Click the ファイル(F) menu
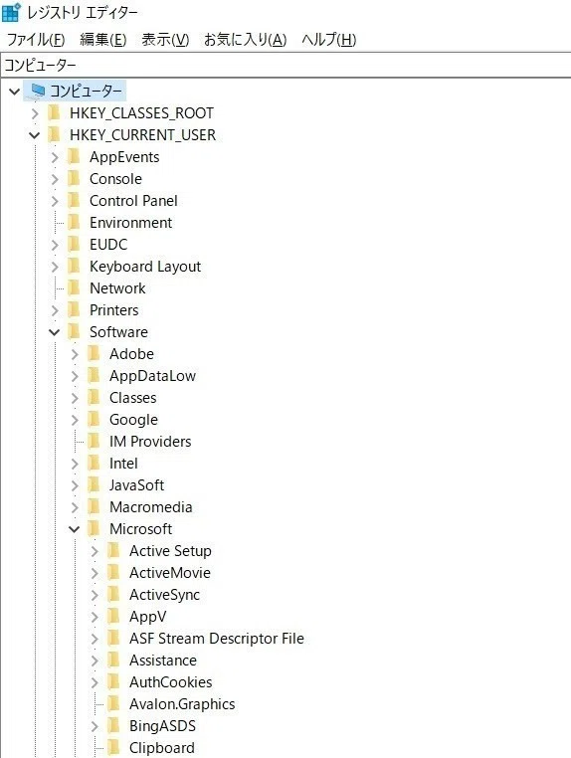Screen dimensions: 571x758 pos(36,39)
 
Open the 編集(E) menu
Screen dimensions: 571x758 pos(103,39)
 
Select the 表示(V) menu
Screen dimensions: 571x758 pos(165,39)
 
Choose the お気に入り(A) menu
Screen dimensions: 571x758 pos(245,39)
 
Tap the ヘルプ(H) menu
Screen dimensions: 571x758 pos(328,39)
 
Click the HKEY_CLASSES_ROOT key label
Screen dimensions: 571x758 pos(141,113)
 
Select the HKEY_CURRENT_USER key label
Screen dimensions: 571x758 pos(142,135)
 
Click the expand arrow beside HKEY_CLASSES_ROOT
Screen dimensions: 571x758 pos(35,113)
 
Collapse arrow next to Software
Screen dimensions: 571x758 pos(54,332)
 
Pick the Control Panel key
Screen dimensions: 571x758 pos(133,201)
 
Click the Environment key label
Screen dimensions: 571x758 pos(130,223)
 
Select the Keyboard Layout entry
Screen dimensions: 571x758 pos(145,267)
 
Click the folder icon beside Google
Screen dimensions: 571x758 pos(94,419)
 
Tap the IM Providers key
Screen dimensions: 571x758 pos(150,442)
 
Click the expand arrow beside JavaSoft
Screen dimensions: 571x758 pos(75,485)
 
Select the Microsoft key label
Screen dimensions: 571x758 pos(140,529)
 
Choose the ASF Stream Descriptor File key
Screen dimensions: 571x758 pos(217,638)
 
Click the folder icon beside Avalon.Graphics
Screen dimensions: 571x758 pos(113,704)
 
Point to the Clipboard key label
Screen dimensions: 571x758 pos(162,748)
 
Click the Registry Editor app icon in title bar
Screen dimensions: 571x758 pos(11,13)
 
